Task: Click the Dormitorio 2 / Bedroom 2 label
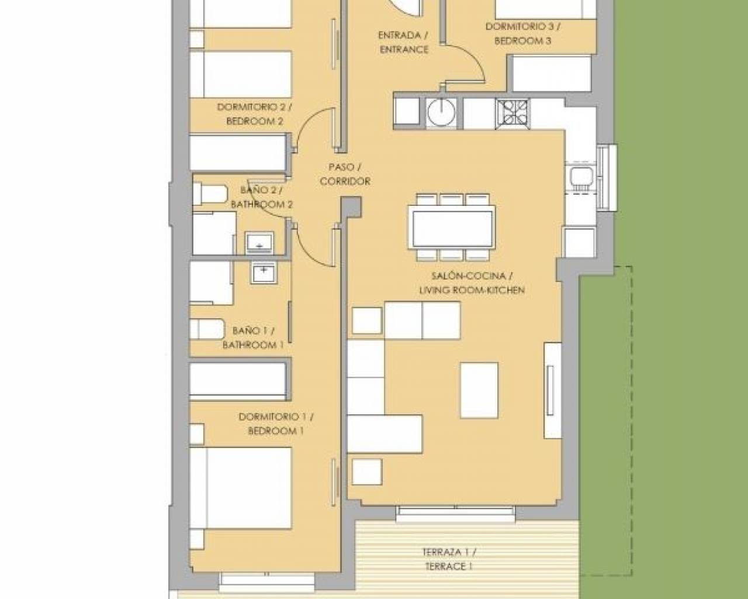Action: coord(254,114)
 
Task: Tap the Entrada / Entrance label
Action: coord(404,43)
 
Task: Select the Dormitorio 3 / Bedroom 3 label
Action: coord(523,34)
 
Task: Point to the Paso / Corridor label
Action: coord(345,174)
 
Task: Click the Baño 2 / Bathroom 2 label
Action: coord(262,197)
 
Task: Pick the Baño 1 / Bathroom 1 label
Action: coord(253,338)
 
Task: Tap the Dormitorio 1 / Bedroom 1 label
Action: coord(276,424)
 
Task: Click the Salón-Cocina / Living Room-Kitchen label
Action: coord(472,283)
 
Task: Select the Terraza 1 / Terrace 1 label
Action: coord(449,559)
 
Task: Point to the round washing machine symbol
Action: coord(441,112)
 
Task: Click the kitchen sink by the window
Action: coord(581,179)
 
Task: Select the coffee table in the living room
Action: coord(479,391)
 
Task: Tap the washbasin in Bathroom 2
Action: coord(259,242)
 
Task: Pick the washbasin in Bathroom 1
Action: coord(264,273)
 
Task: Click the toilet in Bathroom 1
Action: coord(207,329)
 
